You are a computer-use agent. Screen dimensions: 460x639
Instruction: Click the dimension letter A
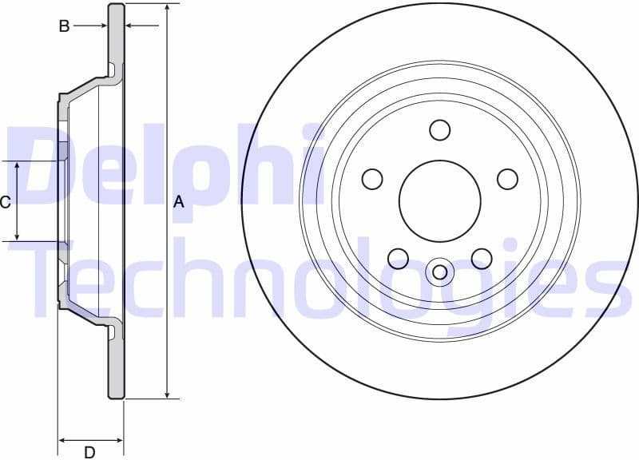[179, 202]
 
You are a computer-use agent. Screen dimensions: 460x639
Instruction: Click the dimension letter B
[64, 26]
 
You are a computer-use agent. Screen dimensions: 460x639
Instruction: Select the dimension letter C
[5, 202]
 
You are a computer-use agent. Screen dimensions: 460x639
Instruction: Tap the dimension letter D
[90, 452]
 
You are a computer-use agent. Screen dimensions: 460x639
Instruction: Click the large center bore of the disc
[440, 200]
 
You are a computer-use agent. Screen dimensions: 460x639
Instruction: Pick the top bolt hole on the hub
[440, 129]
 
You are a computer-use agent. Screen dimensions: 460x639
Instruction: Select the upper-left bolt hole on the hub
[372, 179]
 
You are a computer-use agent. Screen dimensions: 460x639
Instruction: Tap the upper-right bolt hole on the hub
[508, 179]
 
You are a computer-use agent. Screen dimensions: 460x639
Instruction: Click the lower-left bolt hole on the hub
[399, 258]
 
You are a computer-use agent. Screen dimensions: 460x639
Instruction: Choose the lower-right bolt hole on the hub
[482, 258]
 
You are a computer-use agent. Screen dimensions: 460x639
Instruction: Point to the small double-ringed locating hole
[440, 271]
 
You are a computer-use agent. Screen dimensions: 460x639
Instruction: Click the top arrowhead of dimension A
[167, 9]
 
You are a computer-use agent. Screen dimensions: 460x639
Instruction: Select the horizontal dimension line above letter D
[90, 439]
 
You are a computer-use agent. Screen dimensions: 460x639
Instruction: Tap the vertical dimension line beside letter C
[18, 200]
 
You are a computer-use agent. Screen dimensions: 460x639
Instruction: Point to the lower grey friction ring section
[117, 367]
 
